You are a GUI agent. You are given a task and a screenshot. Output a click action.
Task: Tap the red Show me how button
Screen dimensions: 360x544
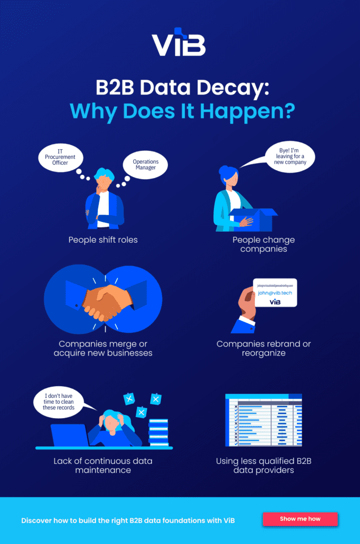pyautogui.click(x=300, y=518)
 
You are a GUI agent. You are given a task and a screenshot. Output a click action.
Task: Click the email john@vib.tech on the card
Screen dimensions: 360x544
pyautogui.click(x=275, y=293)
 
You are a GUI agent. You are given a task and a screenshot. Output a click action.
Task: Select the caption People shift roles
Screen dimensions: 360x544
pyautogui.click(x=103, y=240)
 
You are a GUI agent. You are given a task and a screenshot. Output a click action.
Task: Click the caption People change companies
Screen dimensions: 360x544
pyautogui.click(x=263, y=244)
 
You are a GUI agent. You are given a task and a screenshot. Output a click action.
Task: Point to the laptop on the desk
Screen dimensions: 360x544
pyautogui.click(x=70, y=435)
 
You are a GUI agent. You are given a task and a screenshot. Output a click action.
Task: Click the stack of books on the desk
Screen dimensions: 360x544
pyautogui.click(x=158, y=432)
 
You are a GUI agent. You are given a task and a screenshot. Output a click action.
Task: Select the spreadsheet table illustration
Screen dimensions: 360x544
pyautogui.click(x=263, y=420)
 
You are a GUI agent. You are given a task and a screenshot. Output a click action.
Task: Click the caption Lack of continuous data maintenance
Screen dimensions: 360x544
pyautogui.click(x=103, y=465)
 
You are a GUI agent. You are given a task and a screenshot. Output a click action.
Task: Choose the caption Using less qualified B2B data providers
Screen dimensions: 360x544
pyautogui.click(x=263, y=465)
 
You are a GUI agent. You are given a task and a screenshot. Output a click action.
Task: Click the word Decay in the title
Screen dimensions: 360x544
pyautogui.click(x=233, y=87)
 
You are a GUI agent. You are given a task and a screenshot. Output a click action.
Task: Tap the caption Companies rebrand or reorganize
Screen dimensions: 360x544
pyautogui.click(x=263, y=348)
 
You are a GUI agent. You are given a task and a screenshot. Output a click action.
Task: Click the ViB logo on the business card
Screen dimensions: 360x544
pyautogui.click(x=275, y=302)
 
